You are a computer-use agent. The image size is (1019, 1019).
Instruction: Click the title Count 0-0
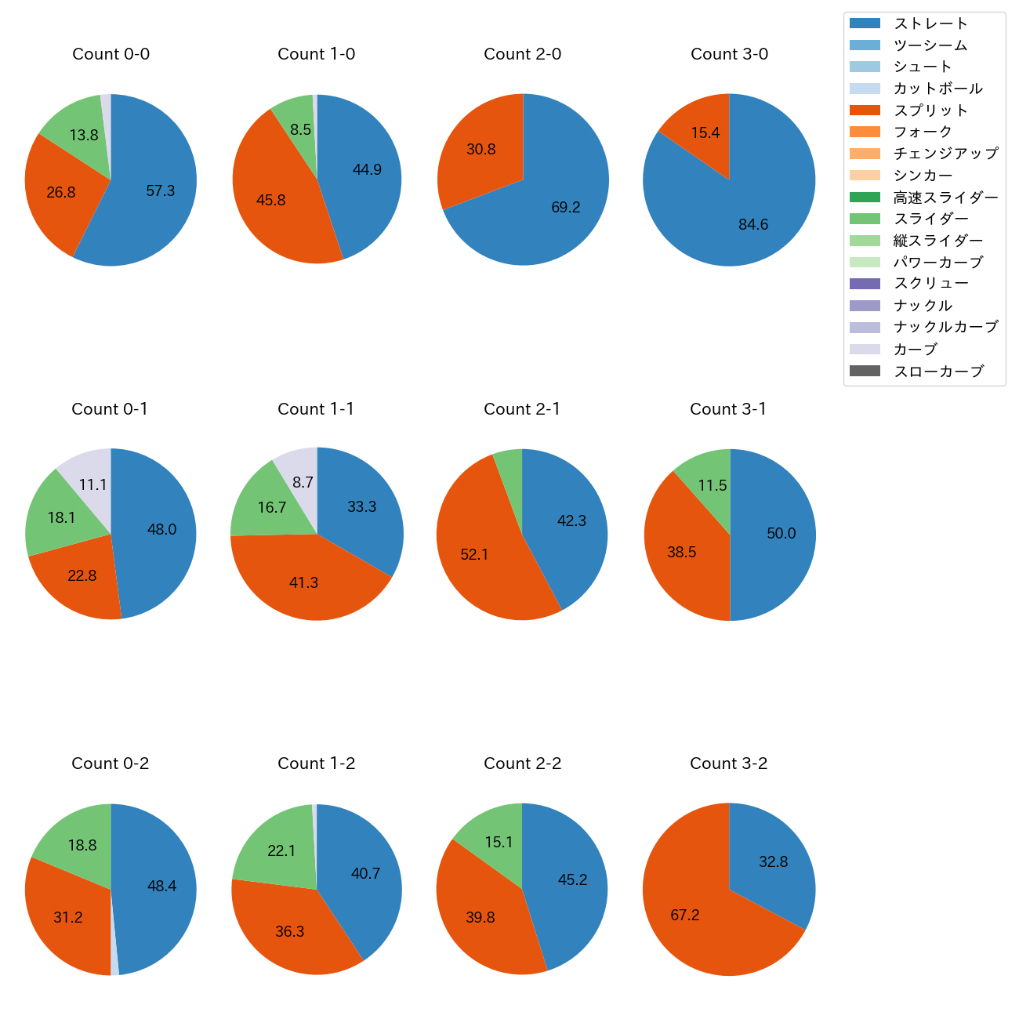tap(111, 54)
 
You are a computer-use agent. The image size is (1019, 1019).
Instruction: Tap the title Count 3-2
tap(728, 763)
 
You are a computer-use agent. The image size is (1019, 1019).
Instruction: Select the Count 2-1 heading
tap(522, 409)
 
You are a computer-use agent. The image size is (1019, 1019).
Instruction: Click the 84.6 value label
tap(753, 225)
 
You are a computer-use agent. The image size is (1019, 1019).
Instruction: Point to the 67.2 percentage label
tap(685, 915)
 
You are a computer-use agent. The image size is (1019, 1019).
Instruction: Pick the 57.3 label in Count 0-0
tap(161, 190)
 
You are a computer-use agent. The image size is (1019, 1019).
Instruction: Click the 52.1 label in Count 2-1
tap(474, 554)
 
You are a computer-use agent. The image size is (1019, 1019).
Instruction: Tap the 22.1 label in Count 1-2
tap(281, 850)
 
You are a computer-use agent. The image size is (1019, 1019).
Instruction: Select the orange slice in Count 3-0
tap(702, 125)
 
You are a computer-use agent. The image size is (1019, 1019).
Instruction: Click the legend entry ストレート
tap(930, 24)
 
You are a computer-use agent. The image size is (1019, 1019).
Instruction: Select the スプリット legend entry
tap(930, 111)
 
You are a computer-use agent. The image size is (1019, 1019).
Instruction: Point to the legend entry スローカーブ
tap(938, 372)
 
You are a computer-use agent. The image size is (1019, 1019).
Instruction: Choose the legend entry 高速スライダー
tap(945, 198)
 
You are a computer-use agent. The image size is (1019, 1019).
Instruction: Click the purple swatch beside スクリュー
tap(865, 284)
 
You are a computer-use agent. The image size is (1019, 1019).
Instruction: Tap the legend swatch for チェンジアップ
tap(865, 154)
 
